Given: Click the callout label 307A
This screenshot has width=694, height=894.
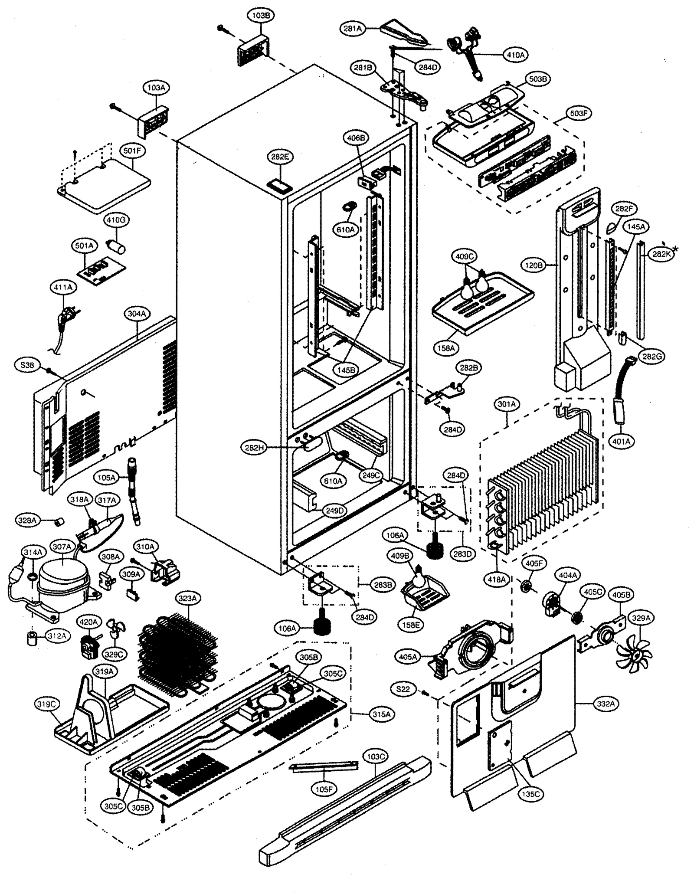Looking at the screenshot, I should tap(62, 547).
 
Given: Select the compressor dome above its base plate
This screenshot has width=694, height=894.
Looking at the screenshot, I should tap(63, 579).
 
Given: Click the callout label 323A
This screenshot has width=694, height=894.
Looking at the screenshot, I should tap(187, 598).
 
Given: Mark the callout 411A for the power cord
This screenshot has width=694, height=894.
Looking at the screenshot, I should tap(63, 287).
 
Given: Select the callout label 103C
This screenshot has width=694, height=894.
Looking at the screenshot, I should tap(375, 756).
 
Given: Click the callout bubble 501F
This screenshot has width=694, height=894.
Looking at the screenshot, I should tap(132, 151).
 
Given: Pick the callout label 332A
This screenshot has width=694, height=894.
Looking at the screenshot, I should tap(606, 704).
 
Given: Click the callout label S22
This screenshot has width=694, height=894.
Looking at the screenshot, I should tap(403, 689).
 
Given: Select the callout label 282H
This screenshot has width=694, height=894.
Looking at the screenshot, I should tap(254, 448).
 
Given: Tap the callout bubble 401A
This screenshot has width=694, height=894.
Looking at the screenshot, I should tap(621, 442).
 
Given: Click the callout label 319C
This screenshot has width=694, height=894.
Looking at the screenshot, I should tap(47, 704).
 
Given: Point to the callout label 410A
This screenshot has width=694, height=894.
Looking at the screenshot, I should tap(515, 55).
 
